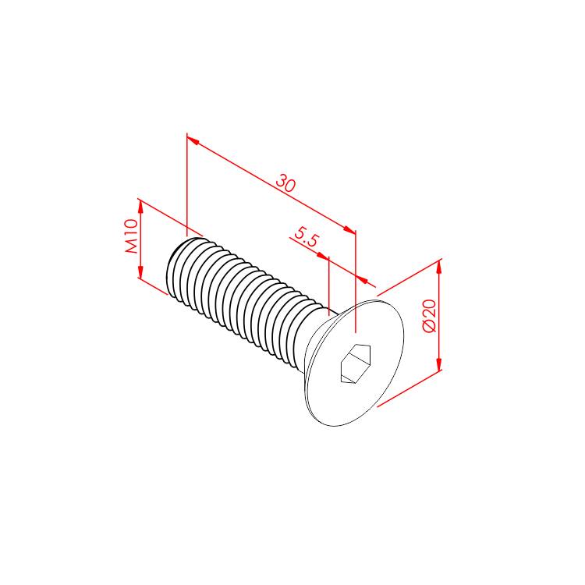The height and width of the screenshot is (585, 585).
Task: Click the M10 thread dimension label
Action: pyautogui.click(x=131, y=236)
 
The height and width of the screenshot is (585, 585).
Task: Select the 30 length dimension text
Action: pyautogui.click(x=286, y=183)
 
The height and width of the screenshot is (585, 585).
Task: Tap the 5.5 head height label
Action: pyautogui.click(x=307, y=237)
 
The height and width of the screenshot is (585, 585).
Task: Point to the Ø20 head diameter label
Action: pyautogui.click(x=429, y=315)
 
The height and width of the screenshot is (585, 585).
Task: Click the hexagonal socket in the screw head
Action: pyautogui.click(x=356, y=363)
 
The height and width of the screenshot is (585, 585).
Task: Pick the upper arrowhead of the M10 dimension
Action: pyautogui.click(x=140, y=207)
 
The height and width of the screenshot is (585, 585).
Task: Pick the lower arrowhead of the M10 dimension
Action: pyautogui.click(x=140, y=271)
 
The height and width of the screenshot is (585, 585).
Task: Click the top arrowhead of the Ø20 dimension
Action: pyautogui.click(x=438, y=268)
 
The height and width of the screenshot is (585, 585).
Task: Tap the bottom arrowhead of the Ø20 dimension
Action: pyautogui.click(x=438, y=363)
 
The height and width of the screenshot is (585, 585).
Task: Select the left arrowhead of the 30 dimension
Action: pyautogui.click(x=193, y=140)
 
